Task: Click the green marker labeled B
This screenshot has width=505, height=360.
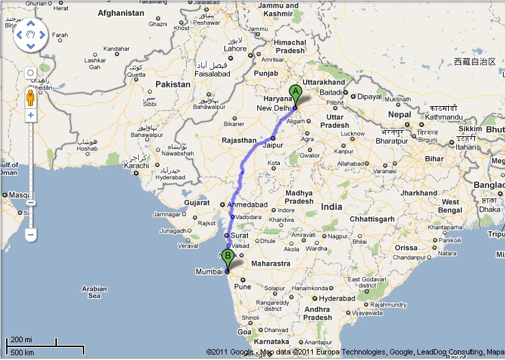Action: (x=228, y=257)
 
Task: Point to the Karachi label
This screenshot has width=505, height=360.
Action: (x=136, y=166)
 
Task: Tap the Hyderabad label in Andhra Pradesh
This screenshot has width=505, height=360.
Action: (x=337, y=298)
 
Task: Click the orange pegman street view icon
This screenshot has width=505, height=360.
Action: (x=30, y=97)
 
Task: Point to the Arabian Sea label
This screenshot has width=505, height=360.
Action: (x=94, y=292)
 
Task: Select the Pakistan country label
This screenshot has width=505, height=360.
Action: (x=172, y=84)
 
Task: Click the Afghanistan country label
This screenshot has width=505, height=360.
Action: (x=121, y=13)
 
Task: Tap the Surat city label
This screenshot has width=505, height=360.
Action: (x=239, y=235)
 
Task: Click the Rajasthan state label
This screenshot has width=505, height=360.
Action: (x=239, y=140)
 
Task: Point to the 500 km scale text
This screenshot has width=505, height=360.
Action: (x=23, y=352)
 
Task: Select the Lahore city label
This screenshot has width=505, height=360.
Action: (x=235, y=49)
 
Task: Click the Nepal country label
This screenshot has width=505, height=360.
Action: (x=400, y=114)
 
